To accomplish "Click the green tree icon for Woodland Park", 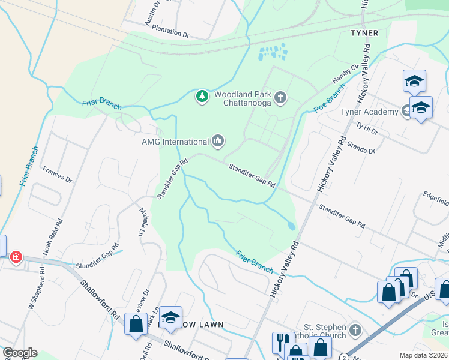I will coord(202,96).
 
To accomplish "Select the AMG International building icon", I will coord(217,142).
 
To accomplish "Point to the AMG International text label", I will coord(174,142).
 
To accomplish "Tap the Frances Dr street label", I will coord(57,175).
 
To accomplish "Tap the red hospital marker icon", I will coord(16,257).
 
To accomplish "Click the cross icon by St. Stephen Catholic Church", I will coord(355,330).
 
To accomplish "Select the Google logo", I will coord(20,353).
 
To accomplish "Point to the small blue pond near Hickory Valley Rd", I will coord(291,226).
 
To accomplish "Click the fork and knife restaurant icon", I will coord(281,342).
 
